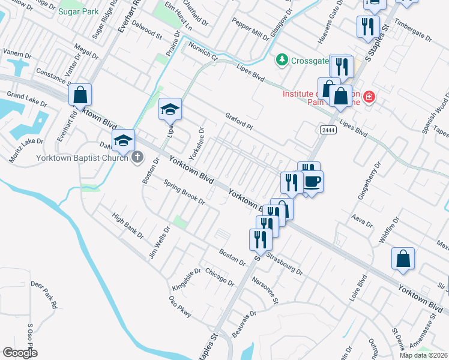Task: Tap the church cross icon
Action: [137, 158]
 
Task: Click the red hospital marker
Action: [369, 96]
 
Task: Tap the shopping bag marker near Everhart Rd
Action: [79, 95]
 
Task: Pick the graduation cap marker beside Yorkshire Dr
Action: [170, 109]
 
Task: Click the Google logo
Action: [20, 352]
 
